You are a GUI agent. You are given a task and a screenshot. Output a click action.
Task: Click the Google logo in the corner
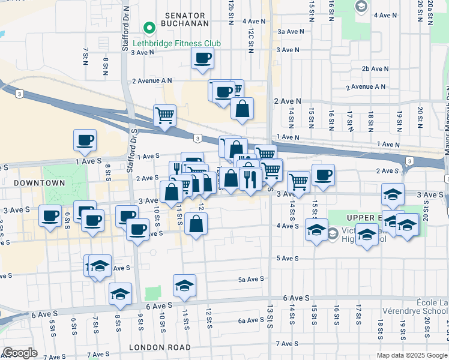point(20,352)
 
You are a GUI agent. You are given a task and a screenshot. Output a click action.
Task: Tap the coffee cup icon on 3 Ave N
point(202,58)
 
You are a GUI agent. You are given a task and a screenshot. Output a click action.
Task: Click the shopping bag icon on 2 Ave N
point(242,109)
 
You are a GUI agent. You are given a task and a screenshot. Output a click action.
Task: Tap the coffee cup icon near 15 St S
point(323,175)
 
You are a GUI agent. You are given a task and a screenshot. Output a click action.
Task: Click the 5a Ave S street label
point(251,279)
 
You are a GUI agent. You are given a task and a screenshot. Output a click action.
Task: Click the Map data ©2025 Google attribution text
point(411,355)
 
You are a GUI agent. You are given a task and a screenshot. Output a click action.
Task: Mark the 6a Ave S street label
point(251,320)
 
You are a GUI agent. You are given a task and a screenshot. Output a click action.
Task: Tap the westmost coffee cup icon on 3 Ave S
point(50,216)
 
